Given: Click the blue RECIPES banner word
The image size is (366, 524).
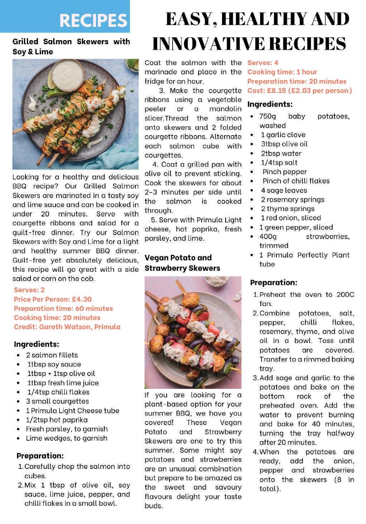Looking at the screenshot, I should click(93, 20).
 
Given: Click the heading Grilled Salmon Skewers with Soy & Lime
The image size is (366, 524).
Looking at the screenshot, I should click(71, 46).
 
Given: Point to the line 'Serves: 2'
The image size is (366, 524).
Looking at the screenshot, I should click(29, 290).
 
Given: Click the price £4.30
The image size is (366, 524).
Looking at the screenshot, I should click(82, 299).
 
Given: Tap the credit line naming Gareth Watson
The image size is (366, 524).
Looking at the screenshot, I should click(67, 327).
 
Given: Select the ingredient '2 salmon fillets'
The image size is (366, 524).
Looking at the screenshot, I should click(52, 355).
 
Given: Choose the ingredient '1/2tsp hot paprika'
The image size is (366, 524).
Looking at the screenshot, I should click(57, 420).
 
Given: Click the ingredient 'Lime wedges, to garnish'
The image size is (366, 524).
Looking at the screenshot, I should click(66, 438).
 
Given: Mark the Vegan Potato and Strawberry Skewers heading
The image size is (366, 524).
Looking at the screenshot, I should click(182, 263).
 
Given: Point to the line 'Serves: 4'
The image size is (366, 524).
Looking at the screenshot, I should click(263, 63).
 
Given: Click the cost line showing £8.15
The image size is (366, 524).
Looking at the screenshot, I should click(299, 90).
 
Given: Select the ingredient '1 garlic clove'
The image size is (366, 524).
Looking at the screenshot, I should click(283, 135).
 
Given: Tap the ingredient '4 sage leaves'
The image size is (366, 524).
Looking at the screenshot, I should click(284, 190).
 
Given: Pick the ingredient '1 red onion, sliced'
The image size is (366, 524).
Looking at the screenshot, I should click(290, 218).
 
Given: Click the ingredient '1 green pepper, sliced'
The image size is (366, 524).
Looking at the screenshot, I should click(296, 227).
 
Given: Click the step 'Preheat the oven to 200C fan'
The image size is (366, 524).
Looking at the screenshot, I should click(306, 299).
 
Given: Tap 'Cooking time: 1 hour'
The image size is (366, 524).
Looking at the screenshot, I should click(282, 72).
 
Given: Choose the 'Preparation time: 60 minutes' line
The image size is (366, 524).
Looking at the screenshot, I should click(63, 308).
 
